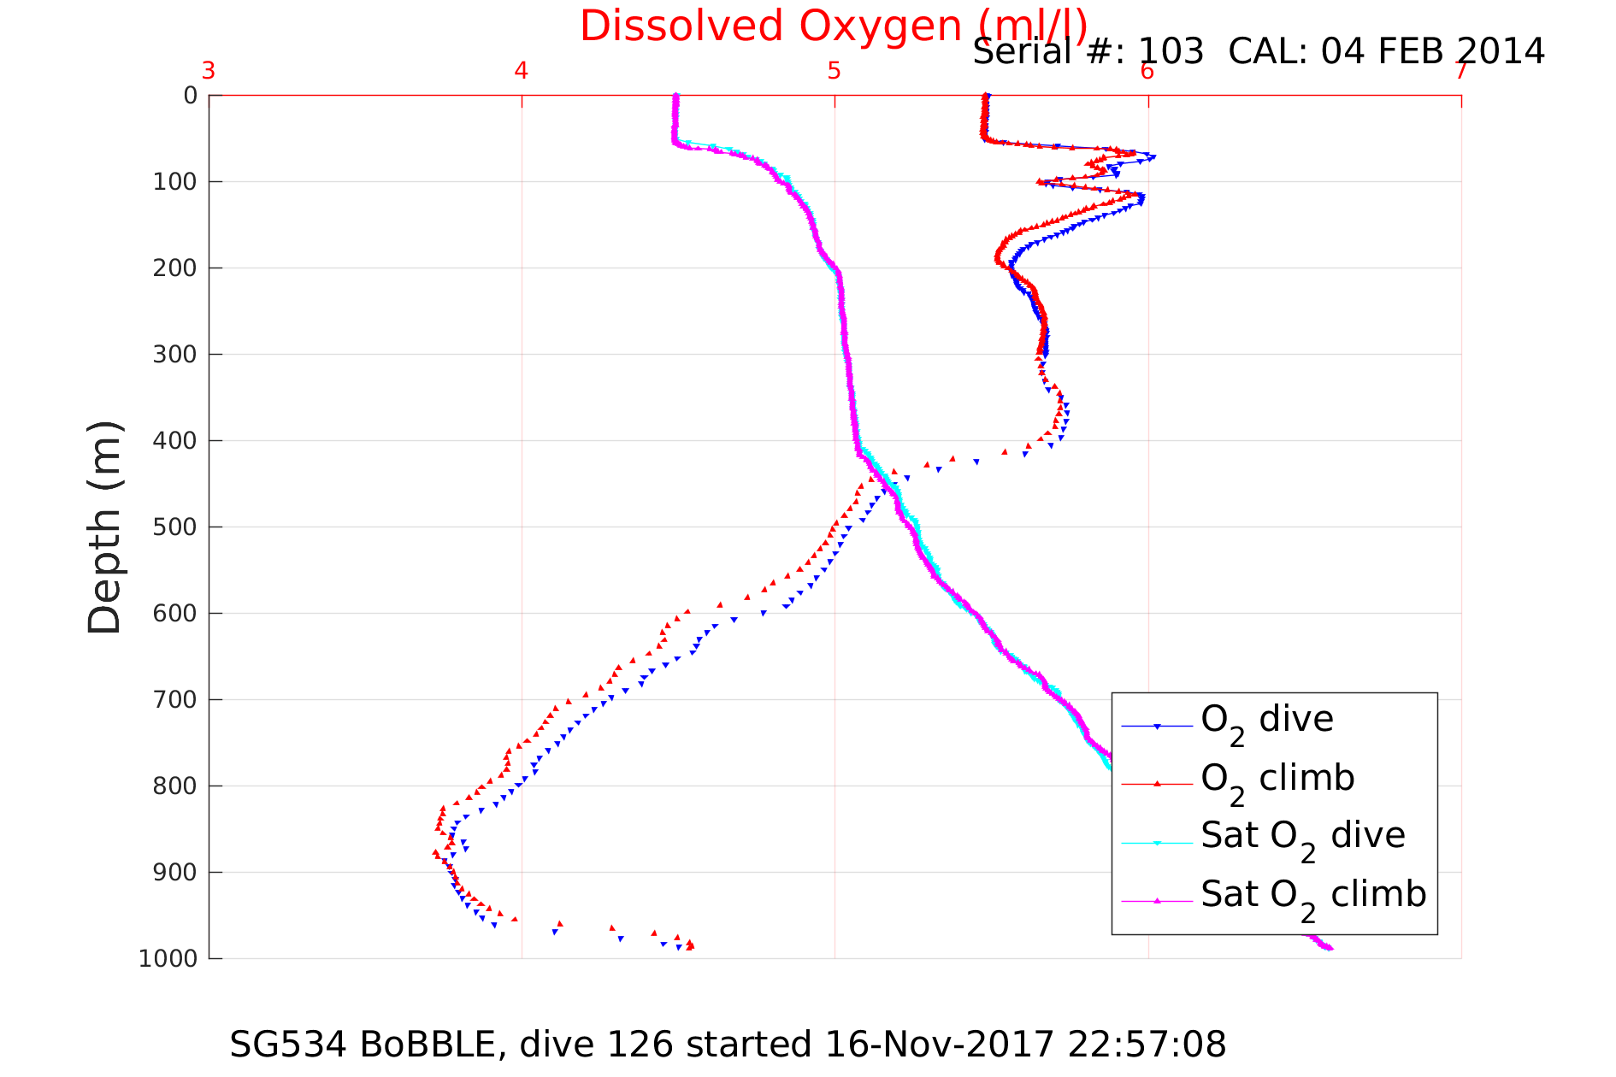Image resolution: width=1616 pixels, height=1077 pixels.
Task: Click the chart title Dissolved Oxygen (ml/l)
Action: [833, 26]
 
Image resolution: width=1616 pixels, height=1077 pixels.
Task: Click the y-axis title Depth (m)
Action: [105, 527]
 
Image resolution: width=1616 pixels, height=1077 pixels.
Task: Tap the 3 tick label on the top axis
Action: [209, 71]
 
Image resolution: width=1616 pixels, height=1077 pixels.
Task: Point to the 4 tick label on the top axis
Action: [522, 71]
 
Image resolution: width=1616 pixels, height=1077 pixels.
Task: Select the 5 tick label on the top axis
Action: [835, 71]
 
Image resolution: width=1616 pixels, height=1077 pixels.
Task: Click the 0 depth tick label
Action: [190, 96]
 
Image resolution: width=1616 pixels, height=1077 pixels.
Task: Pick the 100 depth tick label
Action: [175, 182]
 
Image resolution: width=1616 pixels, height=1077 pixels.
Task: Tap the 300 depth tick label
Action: [175, 354]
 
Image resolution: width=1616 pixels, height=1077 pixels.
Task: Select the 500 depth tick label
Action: [175, 527]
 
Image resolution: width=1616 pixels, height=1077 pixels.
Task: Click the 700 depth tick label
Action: [175, 699]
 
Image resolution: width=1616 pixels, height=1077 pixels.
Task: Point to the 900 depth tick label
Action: [175, 872]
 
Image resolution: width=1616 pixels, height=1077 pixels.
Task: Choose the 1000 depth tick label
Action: [168, 958]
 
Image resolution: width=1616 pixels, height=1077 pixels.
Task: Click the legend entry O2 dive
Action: [1266, 721]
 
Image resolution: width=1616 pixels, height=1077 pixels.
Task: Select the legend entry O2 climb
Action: [1277, 779]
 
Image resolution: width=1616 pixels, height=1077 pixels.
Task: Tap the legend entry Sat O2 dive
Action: [1302, 837]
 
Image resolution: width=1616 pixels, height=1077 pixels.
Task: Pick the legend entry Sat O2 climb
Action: [1313, 895]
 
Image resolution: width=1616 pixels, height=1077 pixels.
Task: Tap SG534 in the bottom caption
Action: [288, 1045]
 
